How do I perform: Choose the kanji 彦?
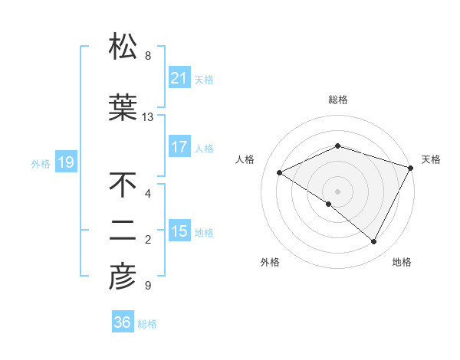[123, 277]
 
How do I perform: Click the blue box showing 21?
[179, 79]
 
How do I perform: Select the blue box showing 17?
[179, 147]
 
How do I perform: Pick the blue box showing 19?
[65, 162]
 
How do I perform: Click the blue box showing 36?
[123, 322]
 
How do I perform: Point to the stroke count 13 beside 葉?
[148, 117]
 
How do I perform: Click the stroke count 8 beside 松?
[148, 56]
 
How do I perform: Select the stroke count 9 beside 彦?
[148, 286]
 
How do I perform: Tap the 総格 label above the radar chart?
[337, 100]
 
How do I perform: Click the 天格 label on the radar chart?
[431, 159]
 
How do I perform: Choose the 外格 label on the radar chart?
[270, 262]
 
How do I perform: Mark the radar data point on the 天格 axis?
[412, 167]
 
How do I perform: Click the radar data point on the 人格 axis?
[280, 172]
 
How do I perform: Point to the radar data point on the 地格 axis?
[374, 241]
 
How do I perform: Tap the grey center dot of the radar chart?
[337, 191]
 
